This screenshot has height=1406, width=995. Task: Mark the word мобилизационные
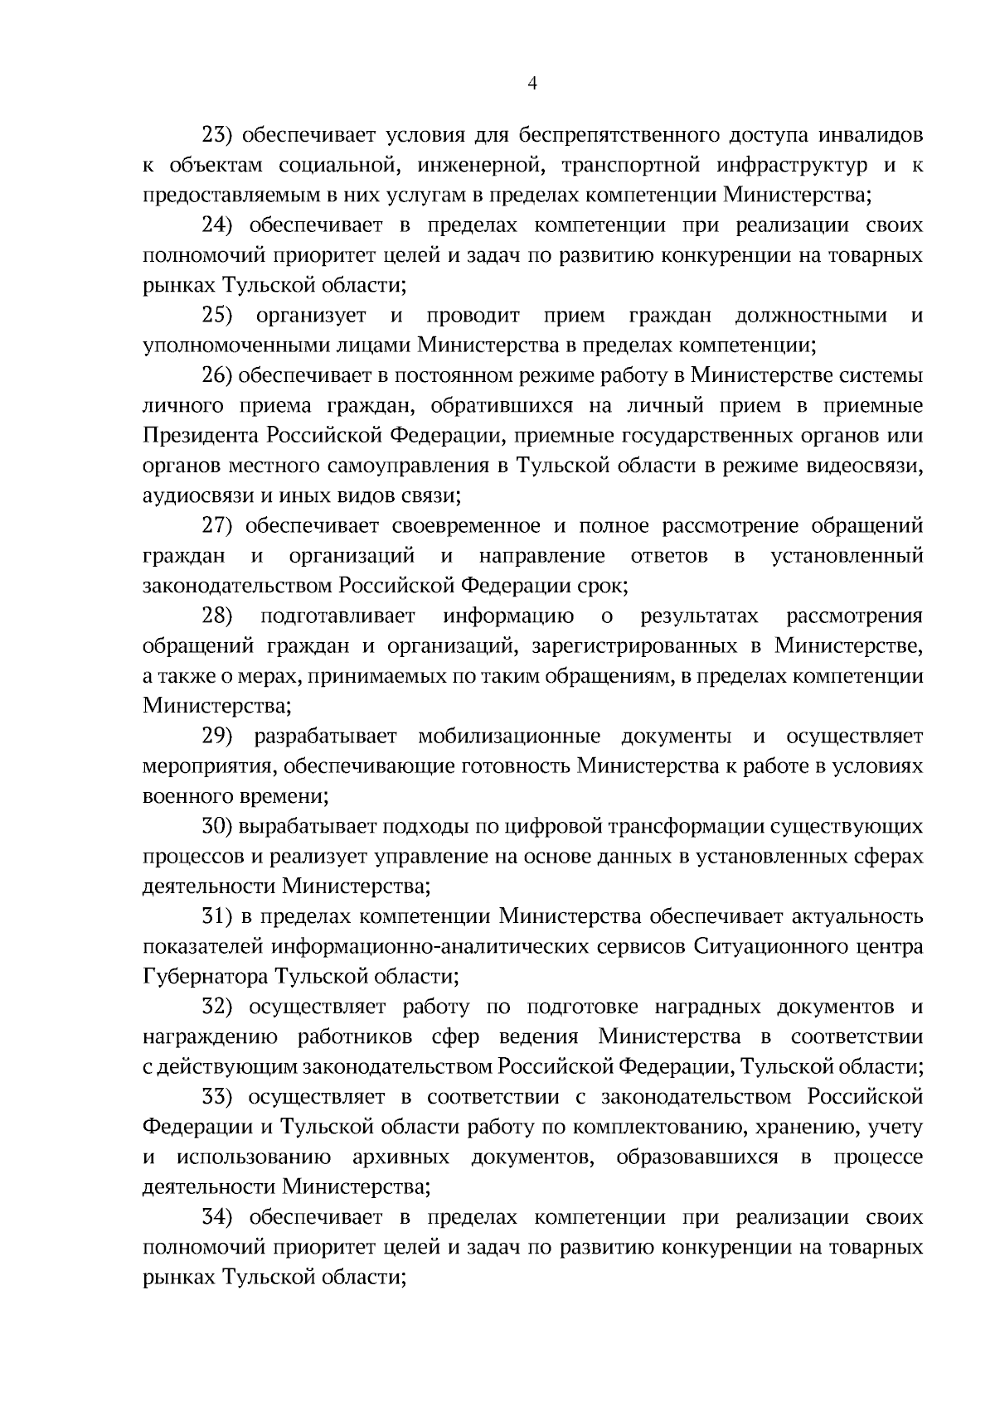pos(509,736)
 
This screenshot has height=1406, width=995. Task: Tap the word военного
pos(182,796)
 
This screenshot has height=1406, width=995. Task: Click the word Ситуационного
pos(764,946)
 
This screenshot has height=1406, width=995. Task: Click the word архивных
pos(400,1157)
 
